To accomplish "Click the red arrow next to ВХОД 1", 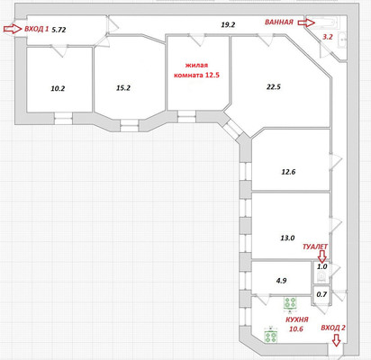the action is [13, 29].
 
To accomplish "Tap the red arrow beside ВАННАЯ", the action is [306, 22].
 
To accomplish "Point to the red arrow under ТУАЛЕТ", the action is [321, 256].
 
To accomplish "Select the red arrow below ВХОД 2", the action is [337, 340].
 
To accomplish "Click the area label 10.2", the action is [58, 88].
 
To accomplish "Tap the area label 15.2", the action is [123, 88].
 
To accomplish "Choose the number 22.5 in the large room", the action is [274, 87].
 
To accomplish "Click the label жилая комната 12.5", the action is [196, 70].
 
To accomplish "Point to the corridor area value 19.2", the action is [228, 25].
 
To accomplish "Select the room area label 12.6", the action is [288, 172].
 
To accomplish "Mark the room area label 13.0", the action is [287, 238].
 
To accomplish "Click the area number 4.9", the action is [281, 281].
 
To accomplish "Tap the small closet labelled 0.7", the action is [321, 294].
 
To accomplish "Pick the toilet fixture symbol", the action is [321, 277].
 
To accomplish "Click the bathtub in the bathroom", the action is [325, 22].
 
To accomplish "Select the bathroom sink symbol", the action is [343, 40].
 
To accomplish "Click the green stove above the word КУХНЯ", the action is [290, 302].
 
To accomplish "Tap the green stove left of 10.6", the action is [271, 336].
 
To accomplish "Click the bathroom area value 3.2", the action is [328, 37].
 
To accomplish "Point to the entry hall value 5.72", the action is [59, 30].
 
